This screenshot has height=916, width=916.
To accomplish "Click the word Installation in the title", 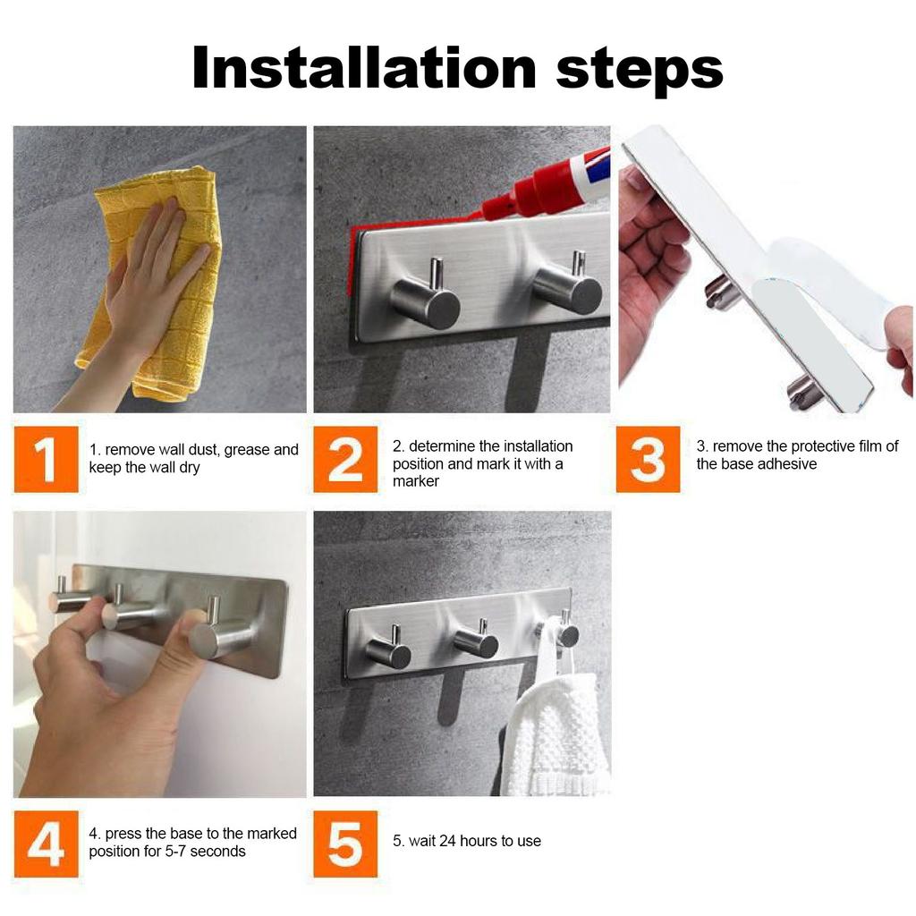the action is pos(364,68).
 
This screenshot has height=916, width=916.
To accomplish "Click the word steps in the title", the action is pos(640,72).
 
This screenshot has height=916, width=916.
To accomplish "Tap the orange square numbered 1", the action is pos(47,459).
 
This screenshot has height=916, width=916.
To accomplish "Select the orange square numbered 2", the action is pos(345,459).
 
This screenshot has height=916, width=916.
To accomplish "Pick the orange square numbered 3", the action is pos(648,459).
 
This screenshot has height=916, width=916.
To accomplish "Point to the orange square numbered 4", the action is pos(47,844).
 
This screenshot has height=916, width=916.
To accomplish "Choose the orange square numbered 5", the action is pos(345,844).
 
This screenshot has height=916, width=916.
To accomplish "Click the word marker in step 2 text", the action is pos(415,481).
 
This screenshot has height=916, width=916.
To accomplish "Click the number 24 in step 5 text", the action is pos(447,841).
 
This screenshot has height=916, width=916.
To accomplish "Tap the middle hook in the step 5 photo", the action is pos(476,639).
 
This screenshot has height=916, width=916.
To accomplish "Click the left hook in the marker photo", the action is pos(426,295).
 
